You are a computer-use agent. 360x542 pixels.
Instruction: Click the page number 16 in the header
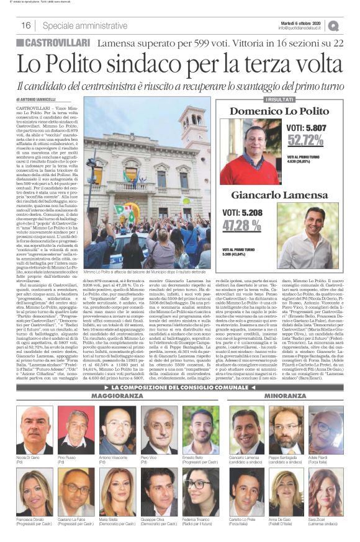click(x=26, y=25)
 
